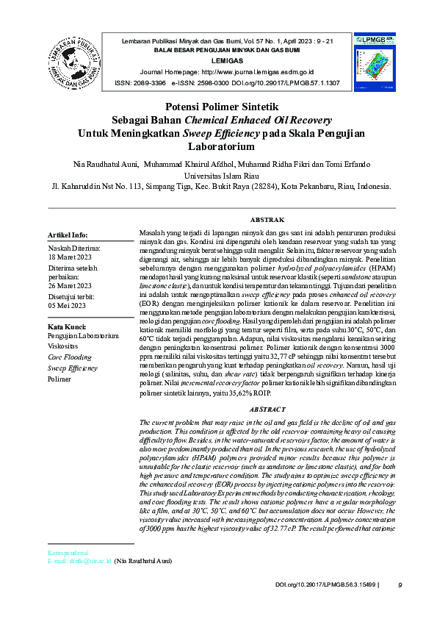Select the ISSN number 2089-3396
coord(150,83)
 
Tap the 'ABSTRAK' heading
coord(267,220)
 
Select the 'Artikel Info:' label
coord(68,235)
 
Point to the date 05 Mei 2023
coord(68,305)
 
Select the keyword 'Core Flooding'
coord(71,357)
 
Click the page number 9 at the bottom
coord(400,585)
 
